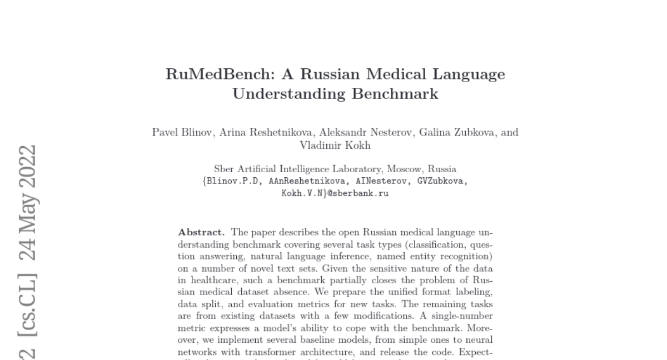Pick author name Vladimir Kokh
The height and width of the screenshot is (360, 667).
[x=335, y=145]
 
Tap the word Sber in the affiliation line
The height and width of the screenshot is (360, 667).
[x=223, y=169]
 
